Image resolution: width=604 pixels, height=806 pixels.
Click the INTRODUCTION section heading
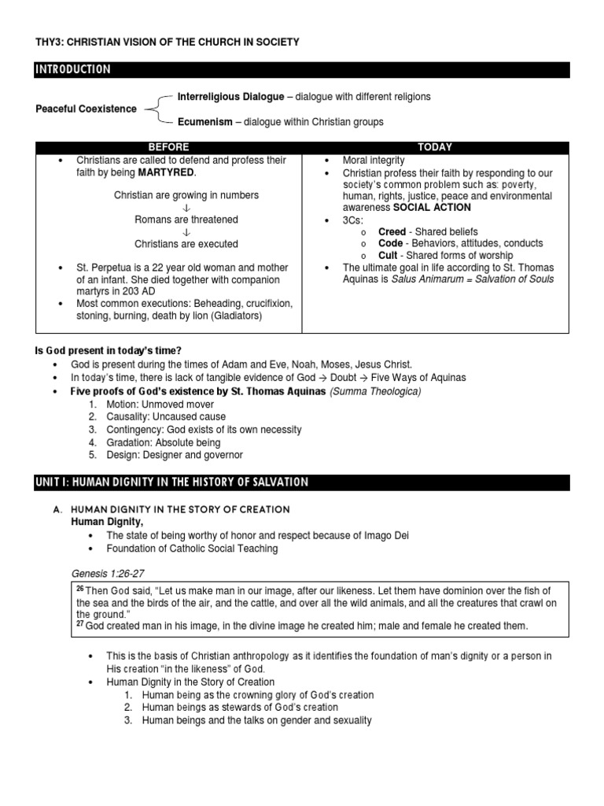pyautogui.click(x=73, y=70)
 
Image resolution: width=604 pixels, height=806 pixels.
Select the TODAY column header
pyautogui.click(x=435, y=147)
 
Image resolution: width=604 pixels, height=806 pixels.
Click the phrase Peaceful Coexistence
pyautogui.click(x=86, y=109)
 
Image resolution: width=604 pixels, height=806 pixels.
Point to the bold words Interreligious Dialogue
pyautogui.click(x=230, y=97)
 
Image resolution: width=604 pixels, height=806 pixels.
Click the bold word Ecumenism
pyautogui.click(x=205, y=122)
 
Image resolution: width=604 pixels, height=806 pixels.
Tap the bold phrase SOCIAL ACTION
pyautogui.click(x=432, y=208)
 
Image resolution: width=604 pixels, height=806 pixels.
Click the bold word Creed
pyautogui.click(x=392, y=232)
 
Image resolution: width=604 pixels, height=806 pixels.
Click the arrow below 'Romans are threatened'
pyautogui.click(x=186, y=232)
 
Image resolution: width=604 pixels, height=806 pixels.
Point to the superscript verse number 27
pyautogui.click(x=80, y=623)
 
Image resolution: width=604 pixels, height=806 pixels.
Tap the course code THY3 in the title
pyautogui.click(x=50, y=42)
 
